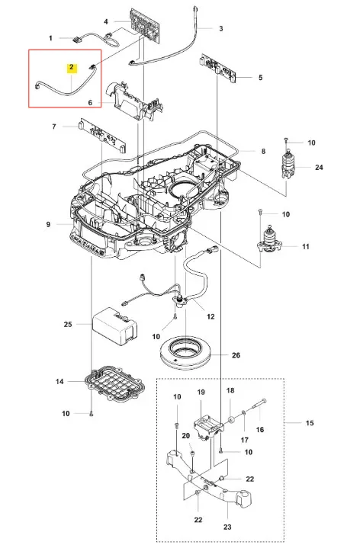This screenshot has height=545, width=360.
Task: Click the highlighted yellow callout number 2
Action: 71,67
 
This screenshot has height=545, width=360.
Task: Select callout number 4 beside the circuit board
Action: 106,22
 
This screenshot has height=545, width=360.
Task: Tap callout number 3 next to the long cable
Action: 221,28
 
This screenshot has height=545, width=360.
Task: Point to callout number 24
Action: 319,168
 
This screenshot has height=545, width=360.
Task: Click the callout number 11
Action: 306,247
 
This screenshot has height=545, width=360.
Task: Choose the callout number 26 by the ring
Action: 236,355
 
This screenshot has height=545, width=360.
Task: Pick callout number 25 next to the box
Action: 68,324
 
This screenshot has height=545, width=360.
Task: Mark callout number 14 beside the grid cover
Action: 59,382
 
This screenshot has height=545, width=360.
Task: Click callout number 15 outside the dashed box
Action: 310,423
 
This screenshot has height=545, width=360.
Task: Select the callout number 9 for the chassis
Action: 48,225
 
